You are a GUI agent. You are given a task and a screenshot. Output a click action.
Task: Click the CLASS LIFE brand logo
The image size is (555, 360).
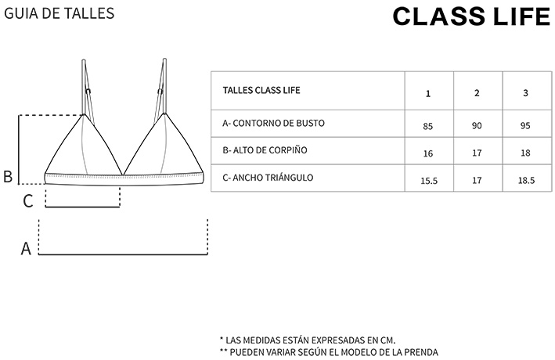coord(471,16)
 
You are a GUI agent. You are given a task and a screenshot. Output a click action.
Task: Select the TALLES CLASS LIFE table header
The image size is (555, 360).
coord(261,90)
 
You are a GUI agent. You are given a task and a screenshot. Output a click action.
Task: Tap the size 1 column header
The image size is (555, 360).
coord(428,93)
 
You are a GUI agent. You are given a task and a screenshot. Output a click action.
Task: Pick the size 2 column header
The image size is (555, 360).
coord(477,93)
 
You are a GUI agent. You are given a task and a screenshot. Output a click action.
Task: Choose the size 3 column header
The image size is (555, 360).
coord(525,93)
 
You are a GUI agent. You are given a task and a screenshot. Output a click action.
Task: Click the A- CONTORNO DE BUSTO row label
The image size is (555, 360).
coord(273,124)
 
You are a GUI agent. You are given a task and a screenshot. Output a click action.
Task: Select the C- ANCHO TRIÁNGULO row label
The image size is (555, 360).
coord(268,178)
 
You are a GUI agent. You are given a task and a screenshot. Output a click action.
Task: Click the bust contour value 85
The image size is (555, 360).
coord(428,126)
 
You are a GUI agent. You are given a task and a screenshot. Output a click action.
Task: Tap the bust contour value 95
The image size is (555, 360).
coord(525,126)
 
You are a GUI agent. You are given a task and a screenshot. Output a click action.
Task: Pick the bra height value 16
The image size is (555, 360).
coord(428,153)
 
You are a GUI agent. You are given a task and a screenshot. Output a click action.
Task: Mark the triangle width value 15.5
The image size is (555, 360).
coord(428,181)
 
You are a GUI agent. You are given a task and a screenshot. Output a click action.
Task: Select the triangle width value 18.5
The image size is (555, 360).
coord(525,181)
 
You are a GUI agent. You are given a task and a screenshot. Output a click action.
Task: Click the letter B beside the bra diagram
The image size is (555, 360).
coord(8,177)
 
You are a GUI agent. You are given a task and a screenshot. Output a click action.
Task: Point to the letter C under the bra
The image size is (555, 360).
coord(28,201)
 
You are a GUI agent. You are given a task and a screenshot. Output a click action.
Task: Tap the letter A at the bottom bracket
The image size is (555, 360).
coord(26,249)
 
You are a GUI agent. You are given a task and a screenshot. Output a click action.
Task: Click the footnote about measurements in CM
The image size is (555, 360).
coord(308,340)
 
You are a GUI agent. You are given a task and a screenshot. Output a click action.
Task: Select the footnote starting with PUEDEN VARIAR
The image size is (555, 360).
coord(329,352)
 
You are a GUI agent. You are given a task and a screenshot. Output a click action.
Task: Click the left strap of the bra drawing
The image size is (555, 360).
coord(85,86)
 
